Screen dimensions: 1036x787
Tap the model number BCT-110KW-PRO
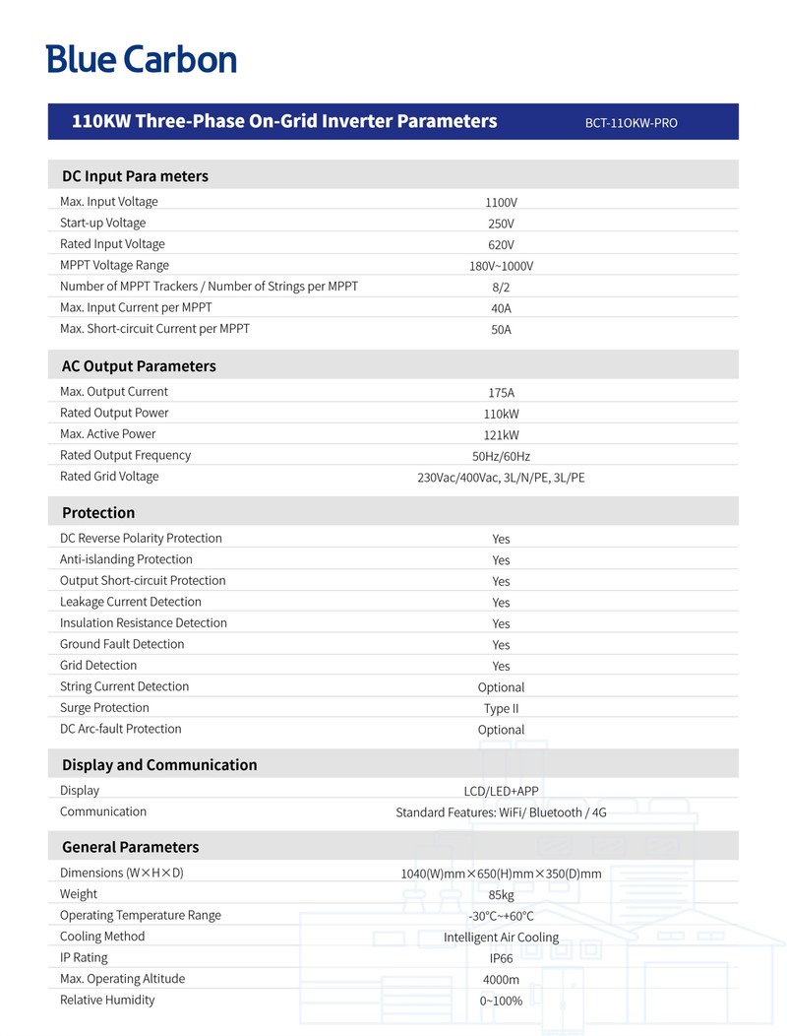tap(631, 123)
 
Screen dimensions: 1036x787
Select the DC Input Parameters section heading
tap(135, 176)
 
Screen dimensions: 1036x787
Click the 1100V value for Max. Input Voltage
tap(501, 203)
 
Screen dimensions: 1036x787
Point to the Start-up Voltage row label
tap(102, 224)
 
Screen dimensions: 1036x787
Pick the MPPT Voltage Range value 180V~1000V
tap(501, 266)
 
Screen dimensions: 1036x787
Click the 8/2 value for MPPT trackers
tap(501, 288)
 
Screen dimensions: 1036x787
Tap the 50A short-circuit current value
tap(501, 330)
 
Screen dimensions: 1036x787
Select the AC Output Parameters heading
tap(139, 366)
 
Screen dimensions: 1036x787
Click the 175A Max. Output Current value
tap(501, 393)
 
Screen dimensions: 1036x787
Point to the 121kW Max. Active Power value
tap(501, 435)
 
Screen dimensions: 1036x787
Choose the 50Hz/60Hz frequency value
tap(501, 456)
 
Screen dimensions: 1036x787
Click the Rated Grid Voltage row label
tap(109, 477)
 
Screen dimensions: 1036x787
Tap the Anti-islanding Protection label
tap(126, 559)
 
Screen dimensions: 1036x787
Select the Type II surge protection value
tap(501, 709)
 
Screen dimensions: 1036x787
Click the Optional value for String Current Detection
tap(501, 687)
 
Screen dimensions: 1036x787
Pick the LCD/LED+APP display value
tap(501, 791)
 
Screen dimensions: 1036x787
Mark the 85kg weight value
tap(501, 895)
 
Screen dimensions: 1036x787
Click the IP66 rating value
tap(501, 958)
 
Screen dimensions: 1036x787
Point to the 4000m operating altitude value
tap(501, 980)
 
